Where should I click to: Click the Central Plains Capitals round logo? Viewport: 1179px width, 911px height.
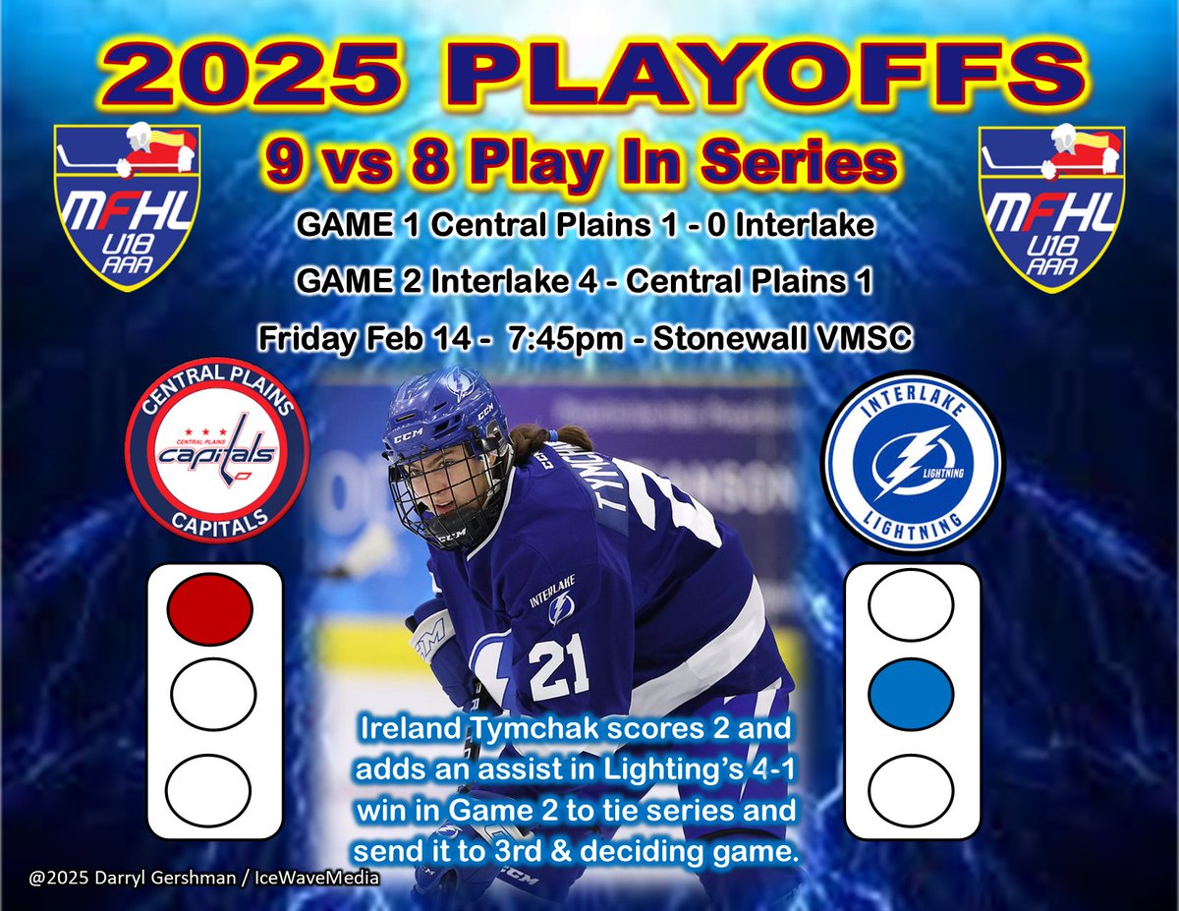coord(218,452)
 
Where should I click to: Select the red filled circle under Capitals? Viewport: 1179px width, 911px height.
coord(210,606)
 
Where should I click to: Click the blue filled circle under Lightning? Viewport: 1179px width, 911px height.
coord(911,693)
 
